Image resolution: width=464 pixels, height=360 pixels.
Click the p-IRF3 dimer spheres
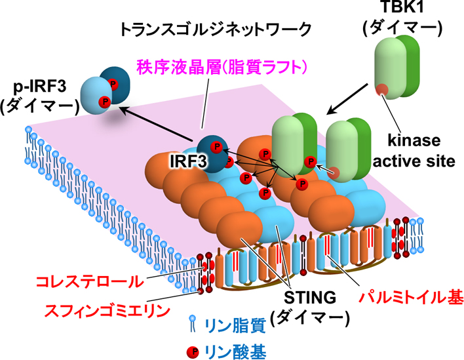tap(105, 94)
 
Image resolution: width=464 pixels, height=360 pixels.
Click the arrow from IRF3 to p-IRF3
tap(157, 124)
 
